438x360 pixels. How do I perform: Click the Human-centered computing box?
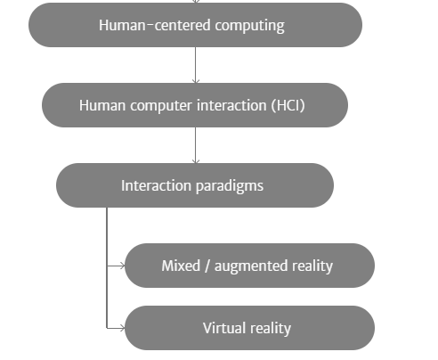[195, 25]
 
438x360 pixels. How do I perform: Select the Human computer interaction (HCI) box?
[195, 105]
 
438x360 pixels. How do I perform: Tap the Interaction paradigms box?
[195, 185]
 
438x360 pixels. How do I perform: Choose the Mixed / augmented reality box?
[249, 266]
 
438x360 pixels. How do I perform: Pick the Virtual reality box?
[249, 328]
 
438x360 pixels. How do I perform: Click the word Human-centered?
[155, 25]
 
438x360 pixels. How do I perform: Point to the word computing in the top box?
[250, 26]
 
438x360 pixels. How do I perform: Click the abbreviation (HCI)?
[288, 105]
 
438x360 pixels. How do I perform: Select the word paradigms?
[230, 186]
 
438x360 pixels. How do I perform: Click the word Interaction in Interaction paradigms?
[156, 185]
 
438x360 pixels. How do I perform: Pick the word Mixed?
[181, 266]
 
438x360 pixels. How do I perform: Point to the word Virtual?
[224, 328]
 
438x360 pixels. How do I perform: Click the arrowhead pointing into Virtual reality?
[122, 328]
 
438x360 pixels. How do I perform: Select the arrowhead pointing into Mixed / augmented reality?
[122, 266]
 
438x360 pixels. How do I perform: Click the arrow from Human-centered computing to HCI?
[195, 65]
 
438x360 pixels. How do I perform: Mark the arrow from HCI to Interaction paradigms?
[195, 145]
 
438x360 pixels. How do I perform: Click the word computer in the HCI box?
[161, 106]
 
